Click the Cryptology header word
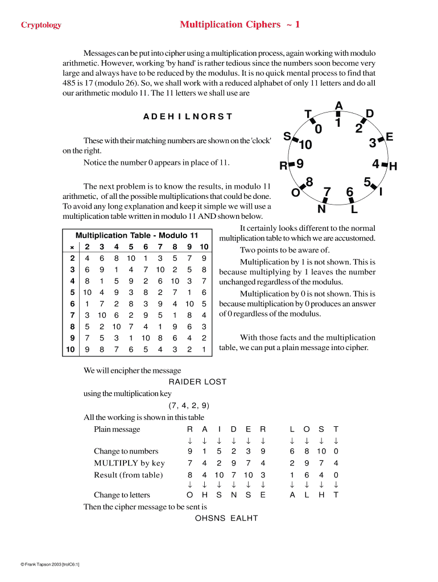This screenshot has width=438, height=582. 41,25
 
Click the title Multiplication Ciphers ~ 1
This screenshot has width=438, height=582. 239,24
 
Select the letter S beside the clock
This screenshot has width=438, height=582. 287,136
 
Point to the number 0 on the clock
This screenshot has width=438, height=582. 319,130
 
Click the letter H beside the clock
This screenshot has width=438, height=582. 392,167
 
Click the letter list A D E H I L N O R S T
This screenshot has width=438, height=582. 188,117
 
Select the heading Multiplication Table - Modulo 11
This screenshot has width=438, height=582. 137,235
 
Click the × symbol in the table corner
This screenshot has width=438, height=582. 72,247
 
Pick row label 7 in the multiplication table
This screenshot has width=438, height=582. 72,314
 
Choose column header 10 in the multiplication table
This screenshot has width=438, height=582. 204,247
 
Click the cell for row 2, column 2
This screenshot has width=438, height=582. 86,258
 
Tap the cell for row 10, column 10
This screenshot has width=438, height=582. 204,348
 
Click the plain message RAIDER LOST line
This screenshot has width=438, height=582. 197,382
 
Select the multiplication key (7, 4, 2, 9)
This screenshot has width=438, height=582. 189,405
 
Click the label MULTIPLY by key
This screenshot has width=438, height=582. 129,463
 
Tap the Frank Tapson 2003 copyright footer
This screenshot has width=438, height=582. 50,564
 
